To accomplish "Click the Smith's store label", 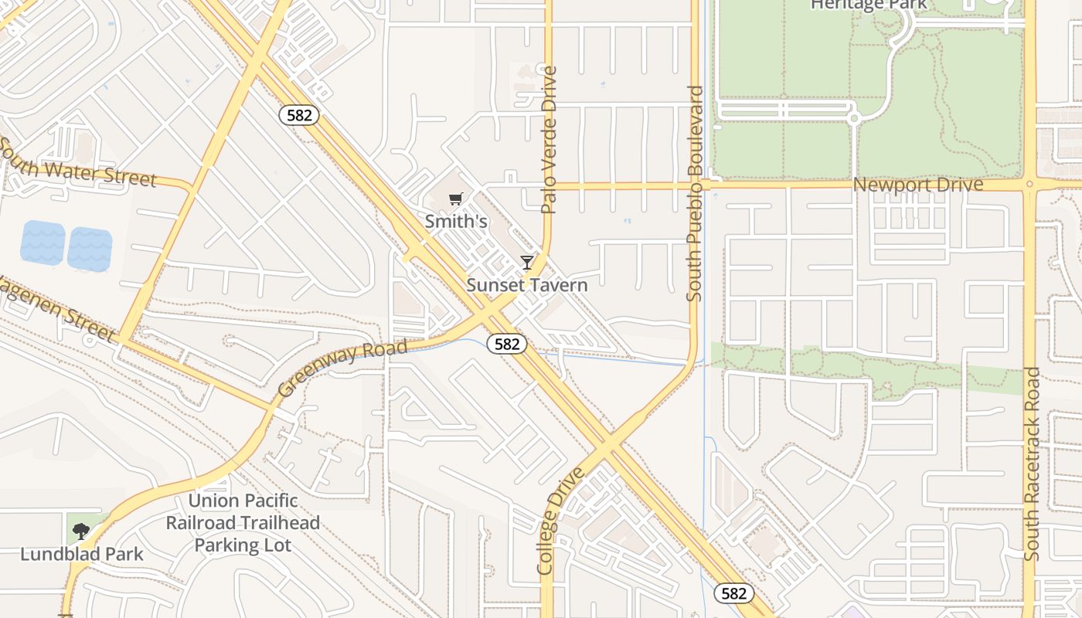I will pyautogui.click(x=456, y=222).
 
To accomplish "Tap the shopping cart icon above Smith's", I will pyautogui.click(x=456, y=199).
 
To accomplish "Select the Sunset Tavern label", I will pyautogui.click(x=527, y=285).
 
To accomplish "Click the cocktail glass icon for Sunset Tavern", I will pyautogui.click(x=527, y=263).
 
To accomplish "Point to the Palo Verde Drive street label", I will pyautogui.click(x=550, y=140).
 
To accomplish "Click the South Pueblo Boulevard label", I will pyautogui.click(x=695, y=193).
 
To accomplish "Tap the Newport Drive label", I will pyautogui.click(x=918, y=185).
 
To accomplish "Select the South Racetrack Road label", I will pyautogui.click(x=1032, y=463).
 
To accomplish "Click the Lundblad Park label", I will pyautogui.click(x=82, y=554).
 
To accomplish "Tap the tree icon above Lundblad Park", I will pyautogui.click(x=80, y=531).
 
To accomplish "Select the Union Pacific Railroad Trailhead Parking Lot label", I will pyautogui.click(x=243, y=523).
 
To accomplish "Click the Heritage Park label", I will pyautogui.click(x=868, y=5).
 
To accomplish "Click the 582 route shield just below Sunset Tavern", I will pyautogui.click(x=507, y=344).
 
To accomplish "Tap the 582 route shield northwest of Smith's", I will pyautogui.click(x=299, y=115).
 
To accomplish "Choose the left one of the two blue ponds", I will pyautogui.click(x=43, y=243).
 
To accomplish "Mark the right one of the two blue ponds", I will pyautogui.click(x=90, y=249).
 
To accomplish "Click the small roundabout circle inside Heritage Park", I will pyautogui.click(x=854, y=118).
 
